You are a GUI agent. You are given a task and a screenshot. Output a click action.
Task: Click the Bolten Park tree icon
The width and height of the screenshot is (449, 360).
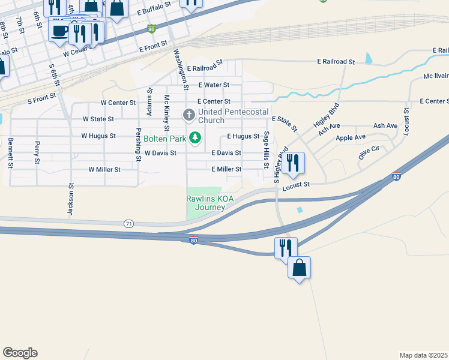(x=194, y=139)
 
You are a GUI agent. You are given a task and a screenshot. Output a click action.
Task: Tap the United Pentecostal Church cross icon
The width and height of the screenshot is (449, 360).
(x=188, y=114)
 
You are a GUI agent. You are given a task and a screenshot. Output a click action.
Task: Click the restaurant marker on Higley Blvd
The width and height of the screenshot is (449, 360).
(x=293, y=162)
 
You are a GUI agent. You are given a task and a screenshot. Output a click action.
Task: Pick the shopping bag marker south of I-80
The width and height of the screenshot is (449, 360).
(x=299, y=268)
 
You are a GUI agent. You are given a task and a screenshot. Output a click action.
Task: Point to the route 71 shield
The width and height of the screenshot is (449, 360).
(x=129, y=223)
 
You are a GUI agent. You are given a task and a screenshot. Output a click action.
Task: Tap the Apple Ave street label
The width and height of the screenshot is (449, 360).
(x=351, y=137)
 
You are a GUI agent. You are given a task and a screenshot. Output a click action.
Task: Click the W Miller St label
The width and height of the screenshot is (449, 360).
(x=104, y=170)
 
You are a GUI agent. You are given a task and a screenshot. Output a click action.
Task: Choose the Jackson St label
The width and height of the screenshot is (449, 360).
(x=70, y=200)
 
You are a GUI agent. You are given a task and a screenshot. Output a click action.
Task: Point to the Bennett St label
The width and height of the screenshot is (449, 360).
(x=10, y=153)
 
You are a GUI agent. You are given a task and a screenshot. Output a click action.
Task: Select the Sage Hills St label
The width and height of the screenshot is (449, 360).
(x=266, y=147)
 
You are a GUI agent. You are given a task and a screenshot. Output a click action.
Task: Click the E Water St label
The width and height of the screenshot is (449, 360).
(x=214, y=85)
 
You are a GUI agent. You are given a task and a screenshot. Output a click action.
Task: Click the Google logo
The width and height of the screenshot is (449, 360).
(x=20, y=353)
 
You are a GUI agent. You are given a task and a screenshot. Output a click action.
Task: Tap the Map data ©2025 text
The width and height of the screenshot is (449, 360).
(x=423, y=355)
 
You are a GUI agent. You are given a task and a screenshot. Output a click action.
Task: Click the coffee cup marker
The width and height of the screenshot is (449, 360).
(x=59, y=31)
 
